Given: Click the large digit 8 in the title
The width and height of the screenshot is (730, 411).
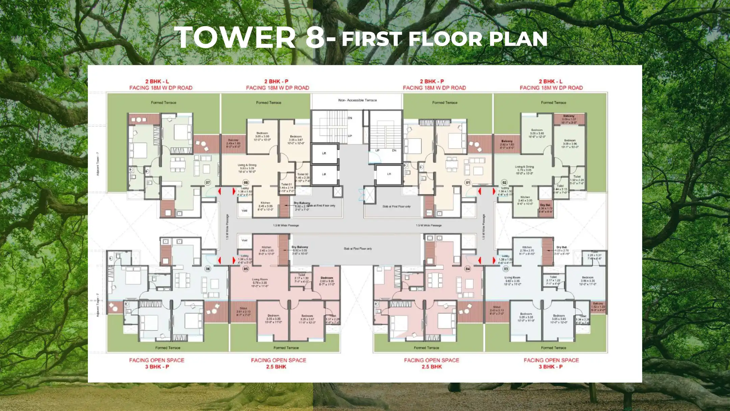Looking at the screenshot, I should [x=315, y=37].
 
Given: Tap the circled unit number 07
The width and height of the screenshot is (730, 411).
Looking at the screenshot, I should [x=208, y=182].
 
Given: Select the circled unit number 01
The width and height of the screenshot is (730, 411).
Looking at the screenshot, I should [x=468, y=182].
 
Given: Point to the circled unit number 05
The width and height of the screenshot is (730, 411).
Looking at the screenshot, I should [x=246, y=269].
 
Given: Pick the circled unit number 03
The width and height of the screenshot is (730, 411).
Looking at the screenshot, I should [x=506, y=269].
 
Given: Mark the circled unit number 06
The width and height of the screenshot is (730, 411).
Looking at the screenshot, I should [x=208, y=269].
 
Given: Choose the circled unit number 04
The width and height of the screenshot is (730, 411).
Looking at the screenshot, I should [x=468, y=269].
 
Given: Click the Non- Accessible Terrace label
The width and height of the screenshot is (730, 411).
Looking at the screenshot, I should [x=357, y=100].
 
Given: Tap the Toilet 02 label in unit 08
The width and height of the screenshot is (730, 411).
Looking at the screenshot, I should [x=302, y=174].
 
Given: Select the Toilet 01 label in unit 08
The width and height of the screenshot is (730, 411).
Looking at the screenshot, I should [x=287, y=185].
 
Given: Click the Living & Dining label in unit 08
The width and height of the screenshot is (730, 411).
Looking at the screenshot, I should [x=247, y=165].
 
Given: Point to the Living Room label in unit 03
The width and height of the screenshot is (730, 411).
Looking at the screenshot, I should [x=512, y=278].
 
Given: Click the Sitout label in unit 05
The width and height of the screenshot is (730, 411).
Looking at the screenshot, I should [x=243, y=308].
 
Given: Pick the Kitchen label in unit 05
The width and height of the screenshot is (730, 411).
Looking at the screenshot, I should [x=266, y=247].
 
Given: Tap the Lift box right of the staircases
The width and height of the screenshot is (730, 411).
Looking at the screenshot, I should [x=389, y=174].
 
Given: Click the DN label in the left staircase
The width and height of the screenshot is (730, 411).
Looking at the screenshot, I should [x=350, y=118].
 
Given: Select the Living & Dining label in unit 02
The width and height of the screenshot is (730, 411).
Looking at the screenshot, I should [x=524, y=167].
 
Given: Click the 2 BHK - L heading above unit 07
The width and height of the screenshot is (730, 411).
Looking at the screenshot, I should [x=157, y=82].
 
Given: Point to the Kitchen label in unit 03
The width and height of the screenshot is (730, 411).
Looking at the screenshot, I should [x=527, y=247].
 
